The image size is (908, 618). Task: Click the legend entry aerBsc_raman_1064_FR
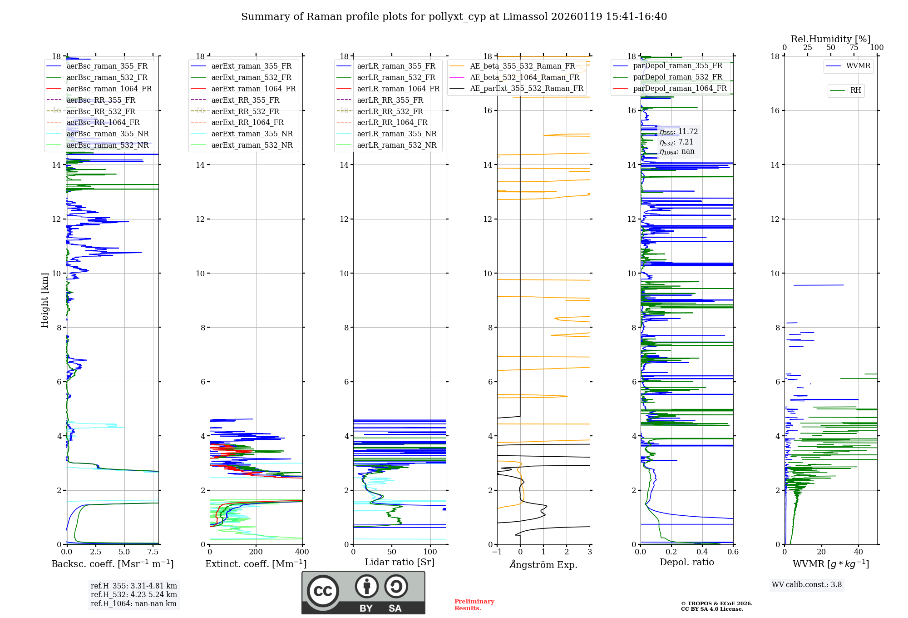[109, 89]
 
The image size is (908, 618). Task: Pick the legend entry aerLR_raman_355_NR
[396, 134]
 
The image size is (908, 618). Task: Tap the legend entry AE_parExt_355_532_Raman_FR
[526, 88]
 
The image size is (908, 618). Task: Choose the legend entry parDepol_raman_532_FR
[677, 77]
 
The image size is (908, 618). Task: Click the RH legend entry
[855, 90]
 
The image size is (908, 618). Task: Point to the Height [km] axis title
[44, 300]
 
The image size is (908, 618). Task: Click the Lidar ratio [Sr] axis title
[400, 562]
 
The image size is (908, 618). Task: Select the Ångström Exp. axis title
[543, 565]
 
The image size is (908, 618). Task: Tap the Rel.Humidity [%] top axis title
[830, 39]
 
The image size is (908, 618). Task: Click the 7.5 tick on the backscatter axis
[153, 552]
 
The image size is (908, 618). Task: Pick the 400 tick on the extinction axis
[302, 552]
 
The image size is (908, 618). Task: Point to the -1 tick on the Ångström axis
[497, 552]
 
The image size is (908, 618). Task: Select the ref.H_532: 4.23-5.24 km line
[133, 594]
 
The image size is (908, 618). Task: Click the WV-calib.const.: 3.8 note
[806, 585]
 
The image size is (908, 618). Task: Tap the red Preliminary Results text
[474, 605]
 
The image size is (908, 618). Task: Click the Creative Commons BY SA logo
[363, 593]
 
